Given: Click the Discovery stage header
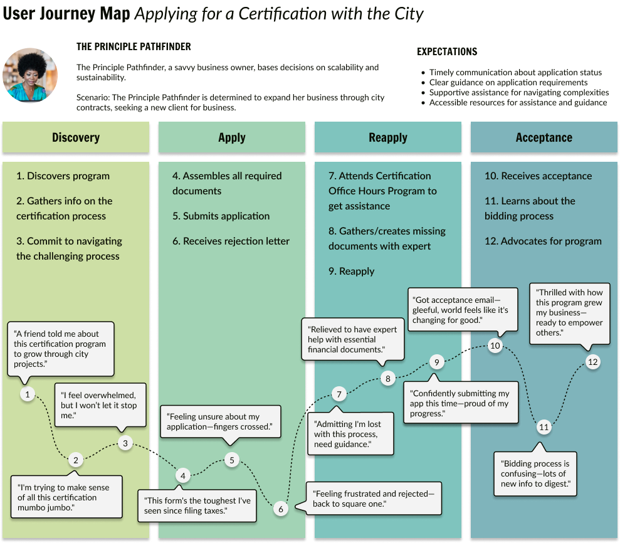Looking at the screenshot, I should [76, 138].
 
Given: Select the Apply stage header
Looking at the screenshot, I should [232, 138].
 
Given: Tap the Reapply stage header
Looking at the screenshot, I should [388, 138].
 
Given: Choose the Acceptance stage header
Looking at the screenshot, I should [544, 138].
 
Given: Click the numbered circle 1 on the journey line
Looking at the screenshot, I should [27, 394].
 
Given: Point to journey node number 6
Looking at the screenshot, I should [281, 509].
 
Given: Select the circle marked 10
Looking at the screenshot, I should [495, 345].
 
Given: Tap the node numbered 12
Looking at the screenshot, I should [592, 362].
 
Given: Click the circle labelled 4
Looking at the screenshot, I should [182, 475].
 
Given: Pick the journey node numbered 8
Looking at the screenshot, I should [388, 378].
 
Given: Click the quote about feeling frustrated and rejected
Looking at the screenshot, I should [374, 499].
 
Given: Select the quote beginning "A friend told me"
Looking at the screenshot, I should [61, 349].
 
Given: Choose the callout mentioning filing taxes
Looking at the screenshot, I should [197, 505].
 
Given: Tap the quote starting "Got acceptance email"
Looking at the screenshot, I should [463, 309].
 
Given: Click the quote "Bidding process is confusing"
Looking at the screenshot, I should [535, 473].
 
